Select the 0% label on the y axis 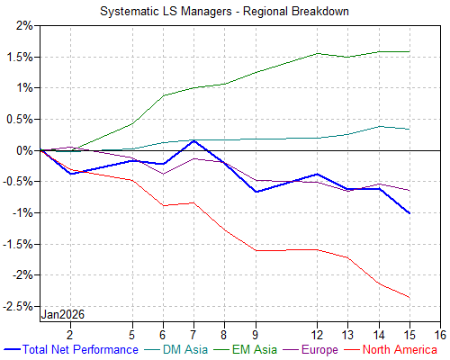point(22,150)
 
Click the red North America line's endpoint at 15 point(409,298)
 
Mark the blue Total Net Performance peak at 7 point(194,140)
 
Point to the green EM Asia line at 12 point(317,53)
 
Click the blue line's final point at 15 point(409,213)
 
